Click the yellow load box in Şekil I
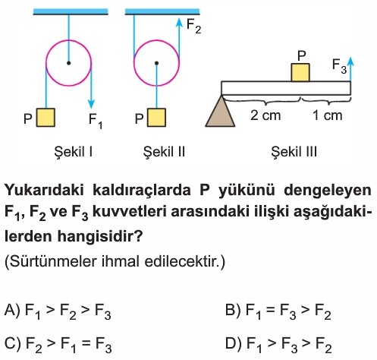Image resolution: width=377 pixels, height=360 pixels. point(46,118)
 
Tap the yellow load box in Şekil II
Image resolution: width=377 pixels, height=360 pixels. point(156,118)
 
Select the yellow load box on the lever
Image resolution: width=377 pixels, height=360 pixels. point(300,72)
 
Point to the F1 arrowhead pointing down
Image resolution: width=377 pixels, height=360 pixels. point(91,104)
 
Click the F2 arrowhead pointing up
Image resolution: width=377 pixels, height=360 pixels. point(179,23)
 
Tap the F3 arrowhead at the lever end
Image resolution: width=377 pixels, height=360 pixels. point(350,62)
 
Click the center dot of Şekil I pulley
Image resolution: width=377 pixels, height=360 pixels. point(68,63)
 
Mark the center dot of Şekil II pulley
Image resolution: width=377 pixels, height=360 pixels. point(156,63)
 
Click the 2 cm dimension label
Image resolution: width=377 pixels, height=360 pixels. point(265,115)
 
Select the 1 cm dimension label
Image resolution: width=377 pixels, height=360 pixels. point(328,115)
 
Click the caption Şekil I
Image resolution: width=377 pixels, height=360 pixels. point(74,152)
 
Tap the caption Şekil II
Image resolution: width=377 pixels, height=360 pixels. point(164,152)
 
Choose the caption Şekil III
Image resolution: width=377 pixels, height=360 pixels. point(294,152)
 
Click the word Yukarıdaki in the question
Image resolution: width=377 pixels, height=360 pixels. point(44,190)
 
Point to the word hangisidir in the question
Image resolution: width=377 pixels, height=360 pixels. point(99,236)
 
